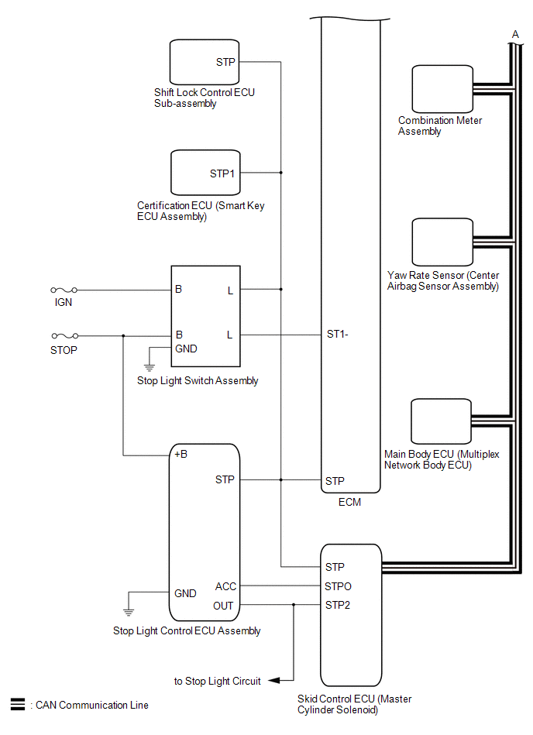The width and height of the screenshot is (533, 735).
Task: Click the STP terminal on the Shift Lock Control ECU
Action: tap(225, 62)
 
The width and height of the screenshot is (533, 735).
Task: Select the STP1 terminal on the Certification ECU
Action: tap(222, 173)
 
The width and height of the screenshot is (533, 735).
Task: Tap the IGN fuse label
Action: tap(64, 302)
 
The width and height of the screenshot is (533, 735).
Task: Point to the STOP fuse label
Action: tap(64, 349)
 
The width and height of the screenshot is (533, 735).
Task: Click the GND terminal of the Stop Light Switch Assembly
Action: tap(186, 349)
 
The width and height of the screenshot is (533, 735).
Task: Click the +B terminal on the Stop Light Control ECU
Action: tap(181, 454)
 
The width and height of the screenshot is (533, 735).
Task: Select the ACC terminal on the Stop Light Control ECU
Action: tap(225, 587)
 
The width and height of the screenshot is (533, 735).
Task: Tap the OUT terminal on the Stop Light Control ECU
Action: tap(223, 606)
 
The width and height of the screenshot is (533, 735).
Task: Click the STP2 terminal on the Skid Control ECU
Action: tap(338, 605)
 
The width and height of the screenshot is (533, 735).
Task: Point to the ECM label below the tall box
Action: tap(350, 502)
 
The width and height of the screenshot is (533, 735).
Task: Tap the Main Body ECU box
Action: tap(442, 421)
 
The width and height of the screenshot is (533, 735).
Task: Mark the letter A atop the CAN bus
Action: tap(515, 33)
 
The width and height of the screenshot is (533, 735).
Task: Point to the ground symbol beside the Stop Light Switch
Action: tap(150, 366)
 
